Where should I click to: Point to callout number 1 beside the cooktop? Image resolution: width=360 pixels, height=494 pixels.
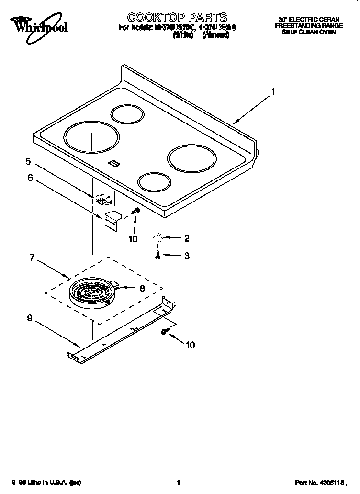pyautogui.click(x=273, y=91)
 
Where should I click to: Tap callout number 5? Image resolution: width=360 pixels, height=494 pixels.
pyautogui.click(x=28, y=161)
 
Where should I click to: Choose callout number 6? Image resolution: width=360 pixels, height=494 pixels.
pyautogui.click(x=30, y=178)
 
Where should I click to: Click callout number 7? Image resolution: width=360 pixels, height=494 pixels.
pyautogui.click(x=32, y=258)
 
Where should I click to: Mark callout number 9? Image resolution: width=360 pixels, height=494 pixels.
pyautogui.click(x=30, y=318)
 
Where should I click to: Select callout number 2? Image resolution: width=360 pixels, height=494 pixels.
pyautogui.click(x=187, y=238)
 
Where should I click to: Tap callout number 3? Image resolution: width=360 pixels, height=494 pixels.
pyautogui.click(x=187, y=256)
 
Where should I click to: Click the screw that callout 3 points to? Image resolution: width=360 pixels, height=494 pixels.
pyautogui.click(x=157, y=256)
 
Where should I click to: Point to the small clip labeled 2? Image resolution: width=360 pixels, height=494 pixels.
pyautogui.click(x=158, y=237)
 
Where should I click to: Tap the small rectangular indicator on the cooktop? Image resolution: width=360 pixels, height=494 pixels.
pyautogui.click(x=114, y=164)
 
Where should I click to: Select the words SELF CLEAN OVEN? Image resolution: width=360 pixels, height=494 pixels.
pyautogui.click(x=309, y=32)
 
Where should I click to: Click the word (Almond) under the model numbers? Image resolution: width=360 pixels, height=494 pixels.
pyautogui.click(x=215, y=35)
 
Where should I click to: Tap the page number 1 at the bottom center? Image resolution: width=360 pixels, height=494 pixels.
pyautogui.click(x=178, y=483)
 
